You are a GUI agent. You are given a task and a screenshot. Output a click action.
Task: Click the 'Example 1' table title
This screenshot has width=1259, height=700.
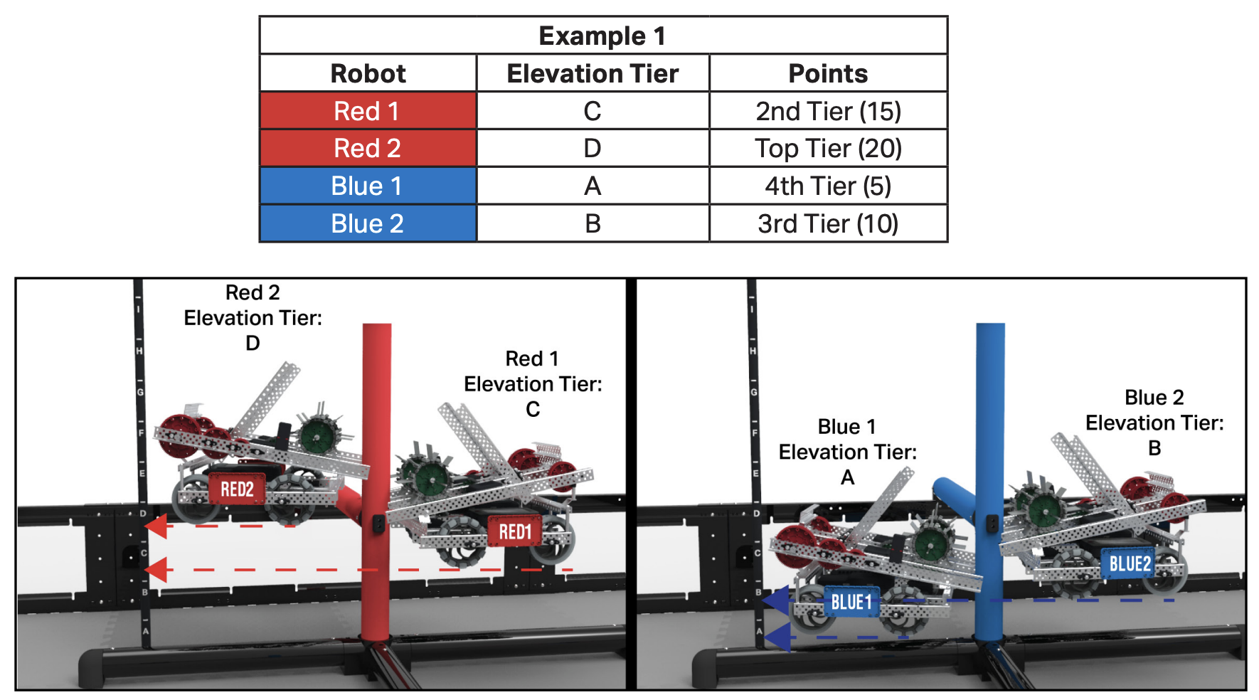602,36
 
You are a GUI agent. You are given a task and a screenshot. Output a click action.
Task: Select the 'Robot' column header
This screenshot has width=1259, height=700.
368,73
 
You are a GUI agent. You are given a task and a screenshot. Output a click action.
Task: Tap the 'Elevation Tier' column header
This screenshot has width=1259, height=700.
593,73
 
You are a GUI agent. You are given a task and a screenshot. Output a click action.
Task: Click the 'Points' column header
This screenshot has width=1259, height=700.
828,73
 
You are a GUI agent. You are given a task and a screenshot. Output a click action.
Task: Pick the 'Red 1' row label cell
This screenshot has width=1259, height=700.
368,111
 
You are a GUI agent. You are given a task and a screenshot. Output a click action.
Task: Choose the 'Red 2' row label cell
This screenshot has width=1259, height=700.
368,148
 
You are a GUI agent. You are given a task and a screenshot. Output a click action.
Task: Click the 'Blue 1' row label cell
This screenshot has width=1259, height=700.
368,186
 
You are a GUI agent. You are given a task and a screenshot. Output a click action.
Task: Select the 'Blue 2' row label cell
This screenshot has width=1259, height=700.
368,223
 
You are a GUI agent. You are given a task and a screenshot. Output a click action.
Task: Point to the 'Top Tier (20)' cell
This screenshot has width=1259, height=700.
828,148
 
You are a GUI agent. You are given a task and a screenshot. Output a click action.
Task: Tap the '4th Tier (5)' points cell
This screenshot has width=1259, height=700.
828,186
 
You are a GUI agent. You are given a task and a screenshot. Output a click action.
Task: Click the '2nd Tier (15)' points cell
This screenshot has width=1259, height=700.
828,111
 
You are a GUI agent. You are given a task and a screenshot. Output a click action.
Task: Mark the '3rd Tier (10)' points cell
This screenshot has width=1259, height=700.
828,223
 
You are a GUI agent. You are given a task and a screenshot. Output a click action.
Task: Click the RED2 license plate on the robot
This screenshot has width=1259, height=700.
237,489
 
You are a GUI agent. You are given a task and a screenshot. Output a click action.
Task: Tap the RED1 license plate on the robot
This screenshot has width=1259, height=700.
515,531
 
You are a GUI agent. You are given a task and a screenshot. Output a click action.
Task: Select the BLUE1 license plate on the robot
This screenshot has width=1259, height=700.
851,603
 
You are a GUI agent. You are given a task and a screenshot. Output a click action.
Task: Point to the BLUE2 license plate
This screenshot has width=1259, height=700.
1130,564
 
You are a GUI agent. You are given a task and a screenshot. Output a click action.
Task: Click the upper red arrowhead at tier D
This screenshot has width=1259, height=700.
156,526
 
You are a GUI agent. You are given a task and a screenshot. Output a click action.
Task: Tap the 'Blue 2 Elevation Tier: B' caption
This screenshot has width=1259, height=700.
1154,423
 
